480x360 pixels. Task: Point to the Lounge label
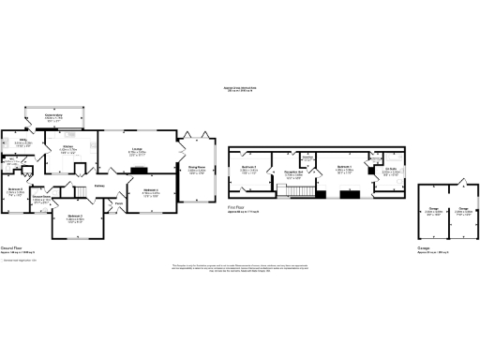click(x=136, y=148)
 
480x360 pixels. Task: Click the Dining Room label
click(x=197, y=168)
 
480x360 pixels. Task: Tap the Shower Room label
click(x=40, y=197)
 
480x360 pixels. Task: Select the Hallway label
click(x=97, y=185)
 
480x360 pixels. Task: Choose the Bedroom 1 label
click(x=343, y=168)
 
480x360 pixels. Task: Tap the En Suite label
click(x=391, y=170)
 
